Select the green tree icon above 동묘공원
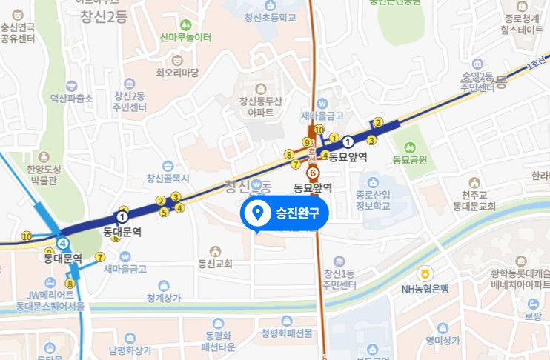point(411,141)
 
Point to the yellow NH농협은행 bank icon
point(425,273)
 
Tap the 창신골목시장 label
point(168,178)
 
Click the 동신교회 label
point(215,263)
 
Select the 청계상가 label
point(164,298)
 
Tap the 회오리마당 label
point(177,73)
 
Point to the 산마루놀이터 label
point(185,37)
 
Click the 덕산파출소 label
point(71,98)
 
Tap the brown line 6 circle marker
point(313,173)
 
